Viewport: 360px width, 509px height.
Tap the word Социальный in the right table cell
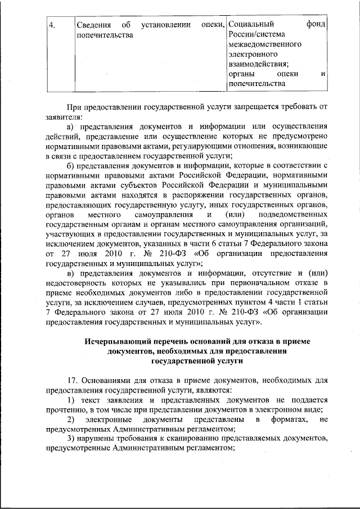click(251, 25)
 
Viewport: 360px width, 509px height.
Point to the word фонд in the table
click(317, 25)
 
